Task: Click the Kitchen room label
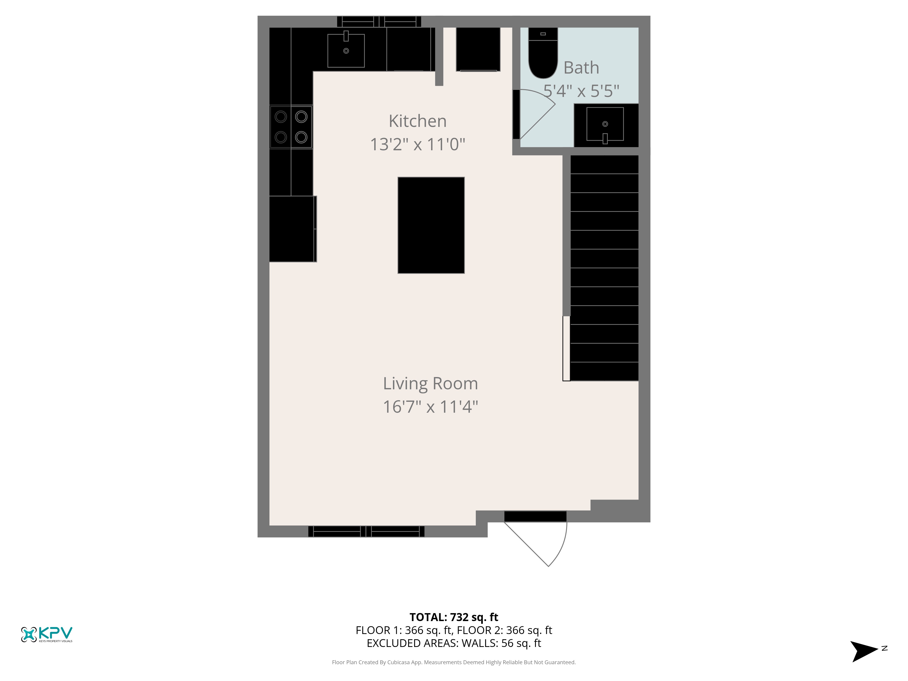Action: pyautogui.click(x=417, y=121)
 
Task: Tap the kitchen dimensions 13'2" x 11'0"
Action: pyautogui.click(x=417, y=145)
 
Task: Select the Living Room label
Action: pyautogui.click(x=430, y=384)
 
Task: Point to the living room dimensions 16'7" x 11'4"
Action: pyautogui.click(x=430, y=407)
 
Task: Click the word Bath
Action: pyautogui.click(x=581, y=68)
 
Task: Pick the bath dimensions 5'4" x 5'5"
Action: pyautogui.click(x=581, y=91)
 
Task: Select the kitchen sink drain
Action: pyautogui.click(x=346, y=51)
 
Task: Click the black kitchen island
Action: pyautogui.click(x=431, y=225)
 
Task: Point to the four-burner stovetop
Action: pyautogui.click(x=291, y=127)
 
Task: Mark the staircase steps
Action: pyautogui.click(x=604, y=268)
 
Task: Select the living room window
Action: pyautogui.click(x=366, y=532)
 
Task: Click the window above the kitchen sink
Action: pyautogui.click(x=379, y=21)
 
